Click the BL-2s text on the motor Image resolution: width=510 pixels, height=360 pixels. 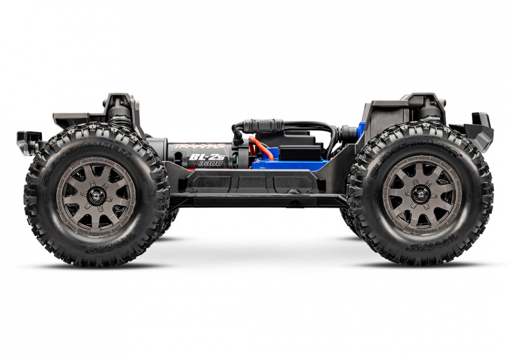click(x=201, y=157)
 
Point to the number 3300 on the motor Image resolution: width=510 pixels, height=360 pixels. click(x=210, y=164)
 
